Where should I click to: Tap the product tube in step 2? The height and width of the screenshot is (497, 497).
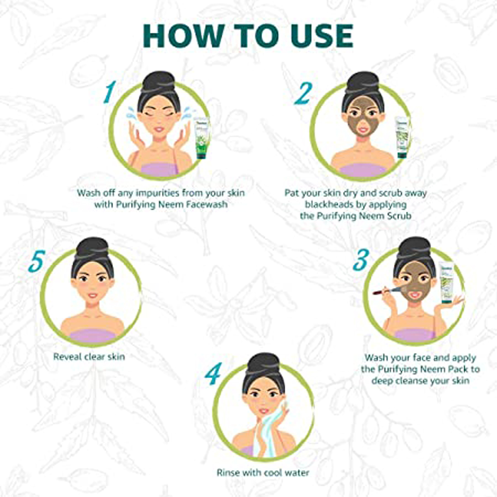(402, 137)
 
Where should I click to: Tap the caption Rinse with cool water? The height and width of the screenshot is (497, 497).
(263, 473)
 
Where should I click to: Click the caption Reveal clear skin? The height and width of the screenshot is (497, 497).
(89, 357)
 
